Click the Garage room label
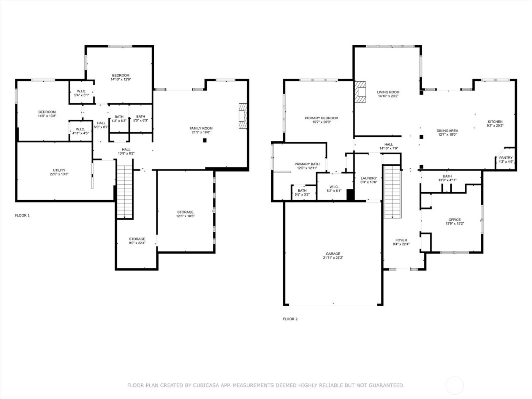[x=333, y=256]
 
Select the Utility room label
[x=59, y=172]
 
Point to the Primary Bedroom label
[x=321, y=120]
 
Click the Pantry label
[x=506, y=159]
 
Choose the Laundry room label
[x=369, y=180]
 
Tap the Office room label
[x=454, y=221]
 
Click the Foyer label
[x=401, y=242]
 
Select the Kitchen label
[x=495, y=123]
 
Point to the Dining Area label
[x=447, y=132]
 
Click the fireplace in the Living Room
[x=360, y=92]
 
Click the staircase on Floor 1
[x=125, y=192]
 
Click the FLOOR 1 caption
[x=22, y=215]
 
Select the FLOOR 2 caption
[x=290, y=319]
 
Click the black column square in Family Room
[x=205, y=140]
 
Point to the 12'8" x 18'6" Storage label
[x=185, y=214]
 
